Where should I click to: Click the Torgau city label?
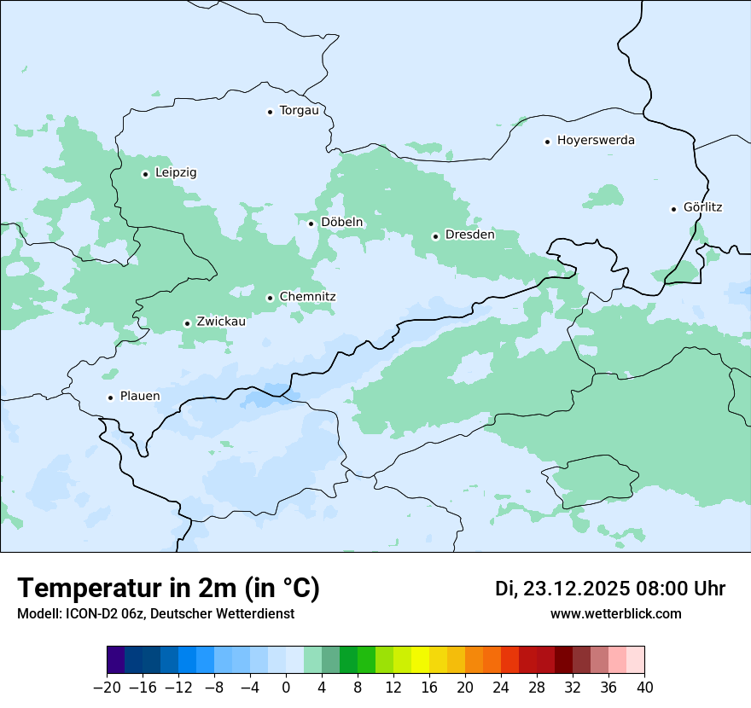(299, 111)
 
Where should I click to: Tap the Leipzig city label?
(176, 173)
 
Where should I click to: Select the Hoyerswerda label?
(596, 141)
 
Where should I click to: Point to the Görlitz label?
(703, 207)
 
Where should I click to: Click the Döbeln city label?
(341, 223)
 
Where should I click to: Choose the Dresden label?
(469, 235)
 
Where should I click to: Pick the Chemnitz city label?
(307, 297)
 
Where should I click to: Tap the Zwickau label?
(221, 322)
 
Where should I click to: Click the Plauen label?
(140, 397)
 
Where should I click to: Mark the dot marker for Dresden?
(435, 236)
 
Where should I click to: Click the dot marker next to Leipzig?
(145, 174)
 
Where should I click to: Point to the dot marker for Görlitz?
(673, 209)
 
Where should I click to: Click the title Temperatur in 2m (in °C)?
(168, 589)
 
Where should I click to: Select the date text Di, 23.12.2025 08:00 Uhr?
(610, 589)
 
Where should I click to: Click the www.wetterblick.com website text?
(615, 613)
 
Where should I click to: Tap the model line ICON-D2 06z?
(155, 613)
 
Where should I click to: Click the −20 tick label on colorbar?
(107, 687)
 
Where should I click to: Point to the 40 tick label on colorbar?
(644, 687)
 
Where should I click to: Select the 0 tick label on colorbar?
(286, 687)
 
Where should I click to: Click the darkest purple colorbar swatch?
(115, 660)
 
